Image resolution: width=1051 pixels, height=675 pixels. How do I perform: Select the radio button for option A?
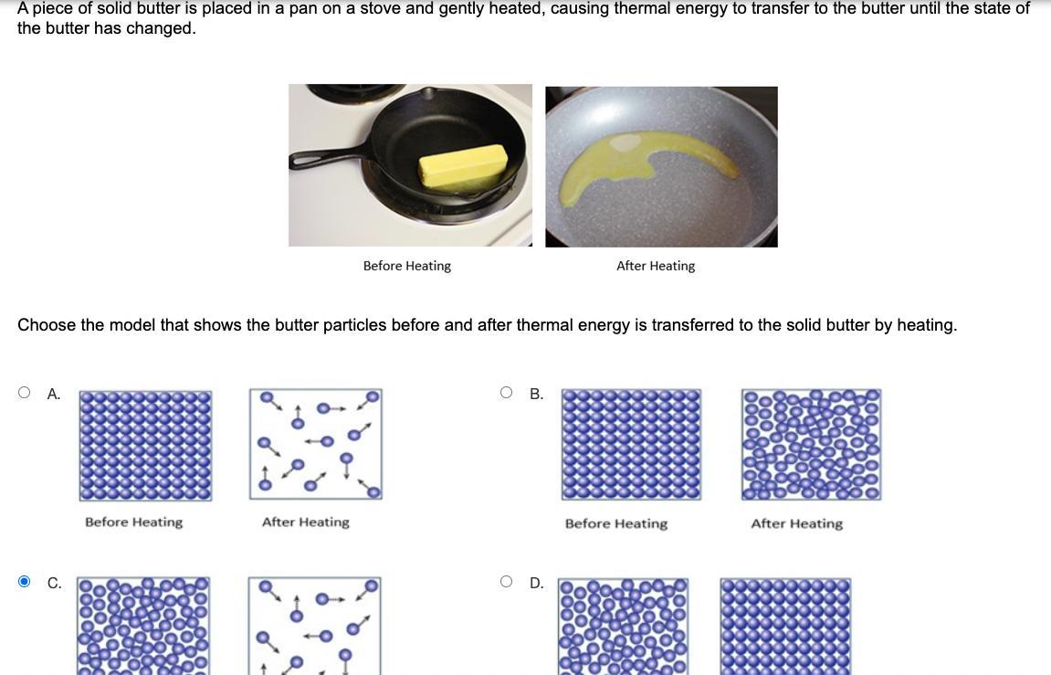(x=24, y=392)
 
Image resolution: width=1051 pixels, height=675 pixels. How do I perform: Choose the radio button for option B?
(x=506, y=392)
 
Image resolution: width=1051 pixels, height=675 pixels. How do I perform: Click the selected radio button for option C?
(x=24, y=581)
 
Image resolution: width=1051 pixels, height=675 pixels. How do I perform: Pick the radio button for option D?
(x=506, y=581)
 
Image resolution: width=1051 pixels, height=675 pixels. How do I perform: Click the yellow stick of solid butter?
(x=462, y=165)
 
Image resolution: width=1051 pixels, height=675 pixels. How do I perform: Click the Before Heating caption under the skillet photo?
(x=407, y=266)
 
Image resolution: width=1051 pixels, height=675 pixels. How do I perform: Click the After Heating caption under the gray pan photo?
(x=656, y=266)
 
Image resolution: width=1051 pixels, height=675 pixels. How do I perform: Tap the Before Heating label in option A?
(x=133, y=522)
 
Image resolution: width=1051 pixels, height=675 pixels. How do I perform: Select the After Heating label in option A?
(x=306, y=522)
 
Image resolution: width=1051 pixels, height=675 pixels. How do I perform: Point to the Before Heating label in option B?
(x=616, y=523)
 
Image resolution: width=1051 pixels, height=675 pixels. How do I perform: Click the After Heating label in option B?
(x=797, y=523)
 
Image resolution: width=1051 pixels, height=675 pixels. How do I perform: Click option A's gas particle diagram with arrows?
(x=316, y=444)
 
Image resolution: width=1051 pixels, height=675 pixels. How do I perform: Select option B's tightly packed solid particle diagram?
(x=631, y=445)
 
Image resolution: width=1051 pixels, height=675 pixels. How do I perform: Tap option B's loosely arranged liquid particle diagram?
(x=811, y=445)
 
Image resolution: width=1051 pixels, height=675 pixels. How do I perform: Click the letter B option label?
(x=536, y=395)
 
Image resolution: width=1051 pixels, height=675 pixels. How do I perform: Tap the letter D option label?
(x=536, y=583)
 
